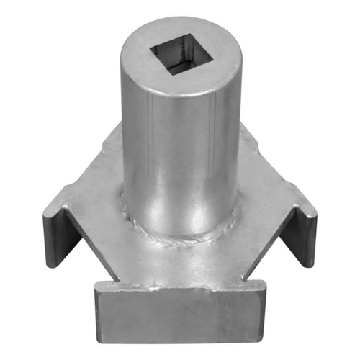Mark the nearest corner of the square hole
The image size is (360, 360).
172,75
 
